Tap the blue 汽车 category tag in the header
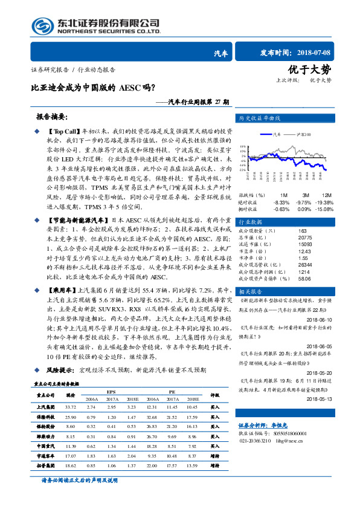point(221,53)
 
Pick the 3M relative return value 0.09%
point(306,209)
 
